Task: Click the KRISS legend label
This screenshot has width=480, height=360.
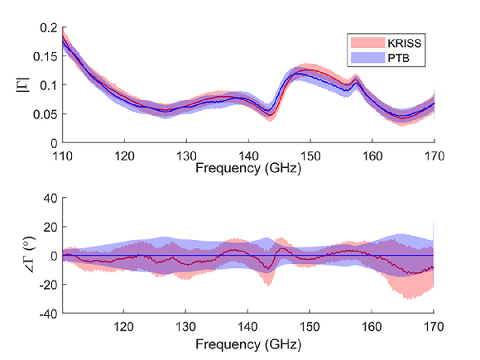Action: pos(405,43)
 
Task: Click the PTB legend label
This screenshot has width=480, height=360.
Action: pos(398,58)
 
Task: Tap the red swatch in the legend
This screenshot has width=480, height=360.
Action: pos(367,43)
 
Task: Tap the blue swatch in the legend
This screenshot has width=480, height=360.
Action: pos(367,58)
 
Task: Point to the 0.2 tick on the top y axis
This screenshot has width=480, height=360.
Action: pos(49,28)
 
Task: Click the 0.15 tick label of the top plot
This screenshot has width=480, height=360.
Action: pos(46,56)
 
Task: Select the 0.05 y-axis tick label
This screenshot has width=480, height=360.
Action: pos(46,114)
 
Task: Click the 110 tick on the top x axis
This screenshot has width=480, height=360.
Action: pos(63,156)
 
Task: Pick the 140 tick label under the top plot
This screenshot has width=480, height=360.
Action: pos(248,156)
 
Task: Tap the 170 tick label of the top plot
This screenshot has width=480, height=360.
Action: pos(434,156)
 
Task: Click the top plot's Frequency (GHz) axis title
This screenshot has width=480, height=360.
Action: pos(248,168)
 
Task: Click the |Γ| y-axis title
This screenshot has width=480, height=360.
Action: pos(23,84)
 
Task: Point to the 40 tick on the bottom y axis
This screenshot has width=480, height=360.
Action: pos(50,198)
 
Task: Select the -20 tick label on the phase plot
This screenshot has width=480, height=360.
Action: pos(48,285)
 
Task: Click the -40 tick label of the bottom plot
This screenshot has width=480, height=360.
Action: pos(48,314)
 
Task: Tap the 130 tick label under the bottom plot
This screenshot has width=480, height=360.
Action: pos(185,327)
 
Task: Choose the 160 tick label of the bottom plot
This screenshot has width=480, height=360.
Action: pos(372,327)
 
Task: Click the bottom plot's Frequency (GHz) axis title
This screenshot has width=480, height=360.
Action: pos(248,345)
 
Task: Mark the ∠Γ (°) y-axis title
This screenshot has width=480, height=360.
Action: pos(31,255)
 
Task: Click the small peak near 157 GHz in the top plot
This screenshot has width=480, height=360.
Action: pos(356,80)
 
